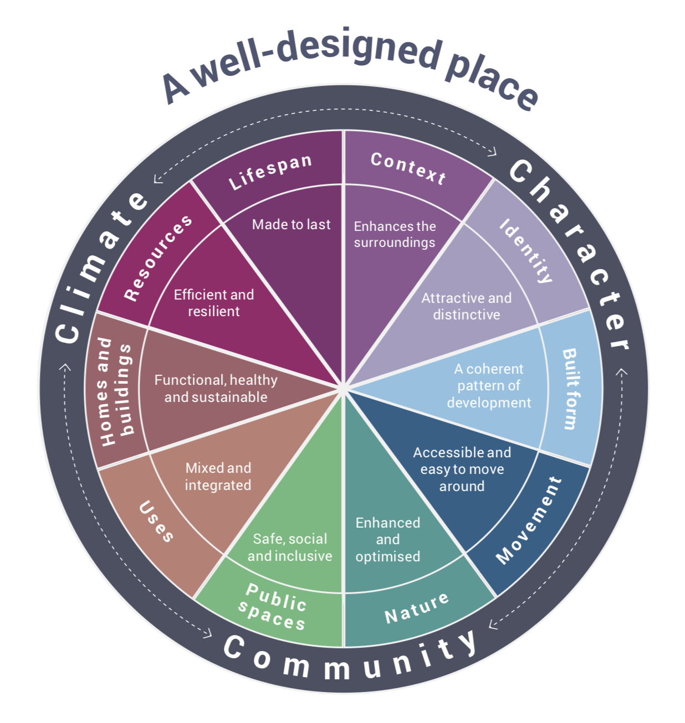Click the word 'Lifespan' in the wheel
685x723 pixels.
[x=270, y=172]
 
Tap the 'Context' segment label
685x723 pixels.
[x=408, y=168]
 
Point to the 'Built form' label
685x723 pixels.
[x=570, y=389]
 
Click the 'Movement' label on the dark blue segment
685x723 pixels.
[x=529, y=520]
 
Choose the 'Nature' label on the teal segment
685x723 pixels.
[x=417, y=607]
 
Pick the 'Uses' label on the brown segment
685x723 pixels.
[x=156, y=521]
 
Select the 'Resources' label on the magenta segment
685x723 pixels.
[x=158, y=258]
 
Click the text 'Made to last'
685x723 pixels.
[x=291, y=224]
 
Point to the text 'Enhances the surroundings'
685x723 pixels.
[x=395, y=234]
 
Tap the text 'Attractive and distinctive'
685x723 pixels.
[x=466, y=306]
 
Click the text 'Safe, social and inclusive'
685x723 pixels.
[x=290, y=547]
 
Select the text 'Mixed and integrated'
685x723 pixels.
[x=218, y=476]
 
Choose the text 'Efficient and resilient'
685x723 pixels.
[x=214, y=303]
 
